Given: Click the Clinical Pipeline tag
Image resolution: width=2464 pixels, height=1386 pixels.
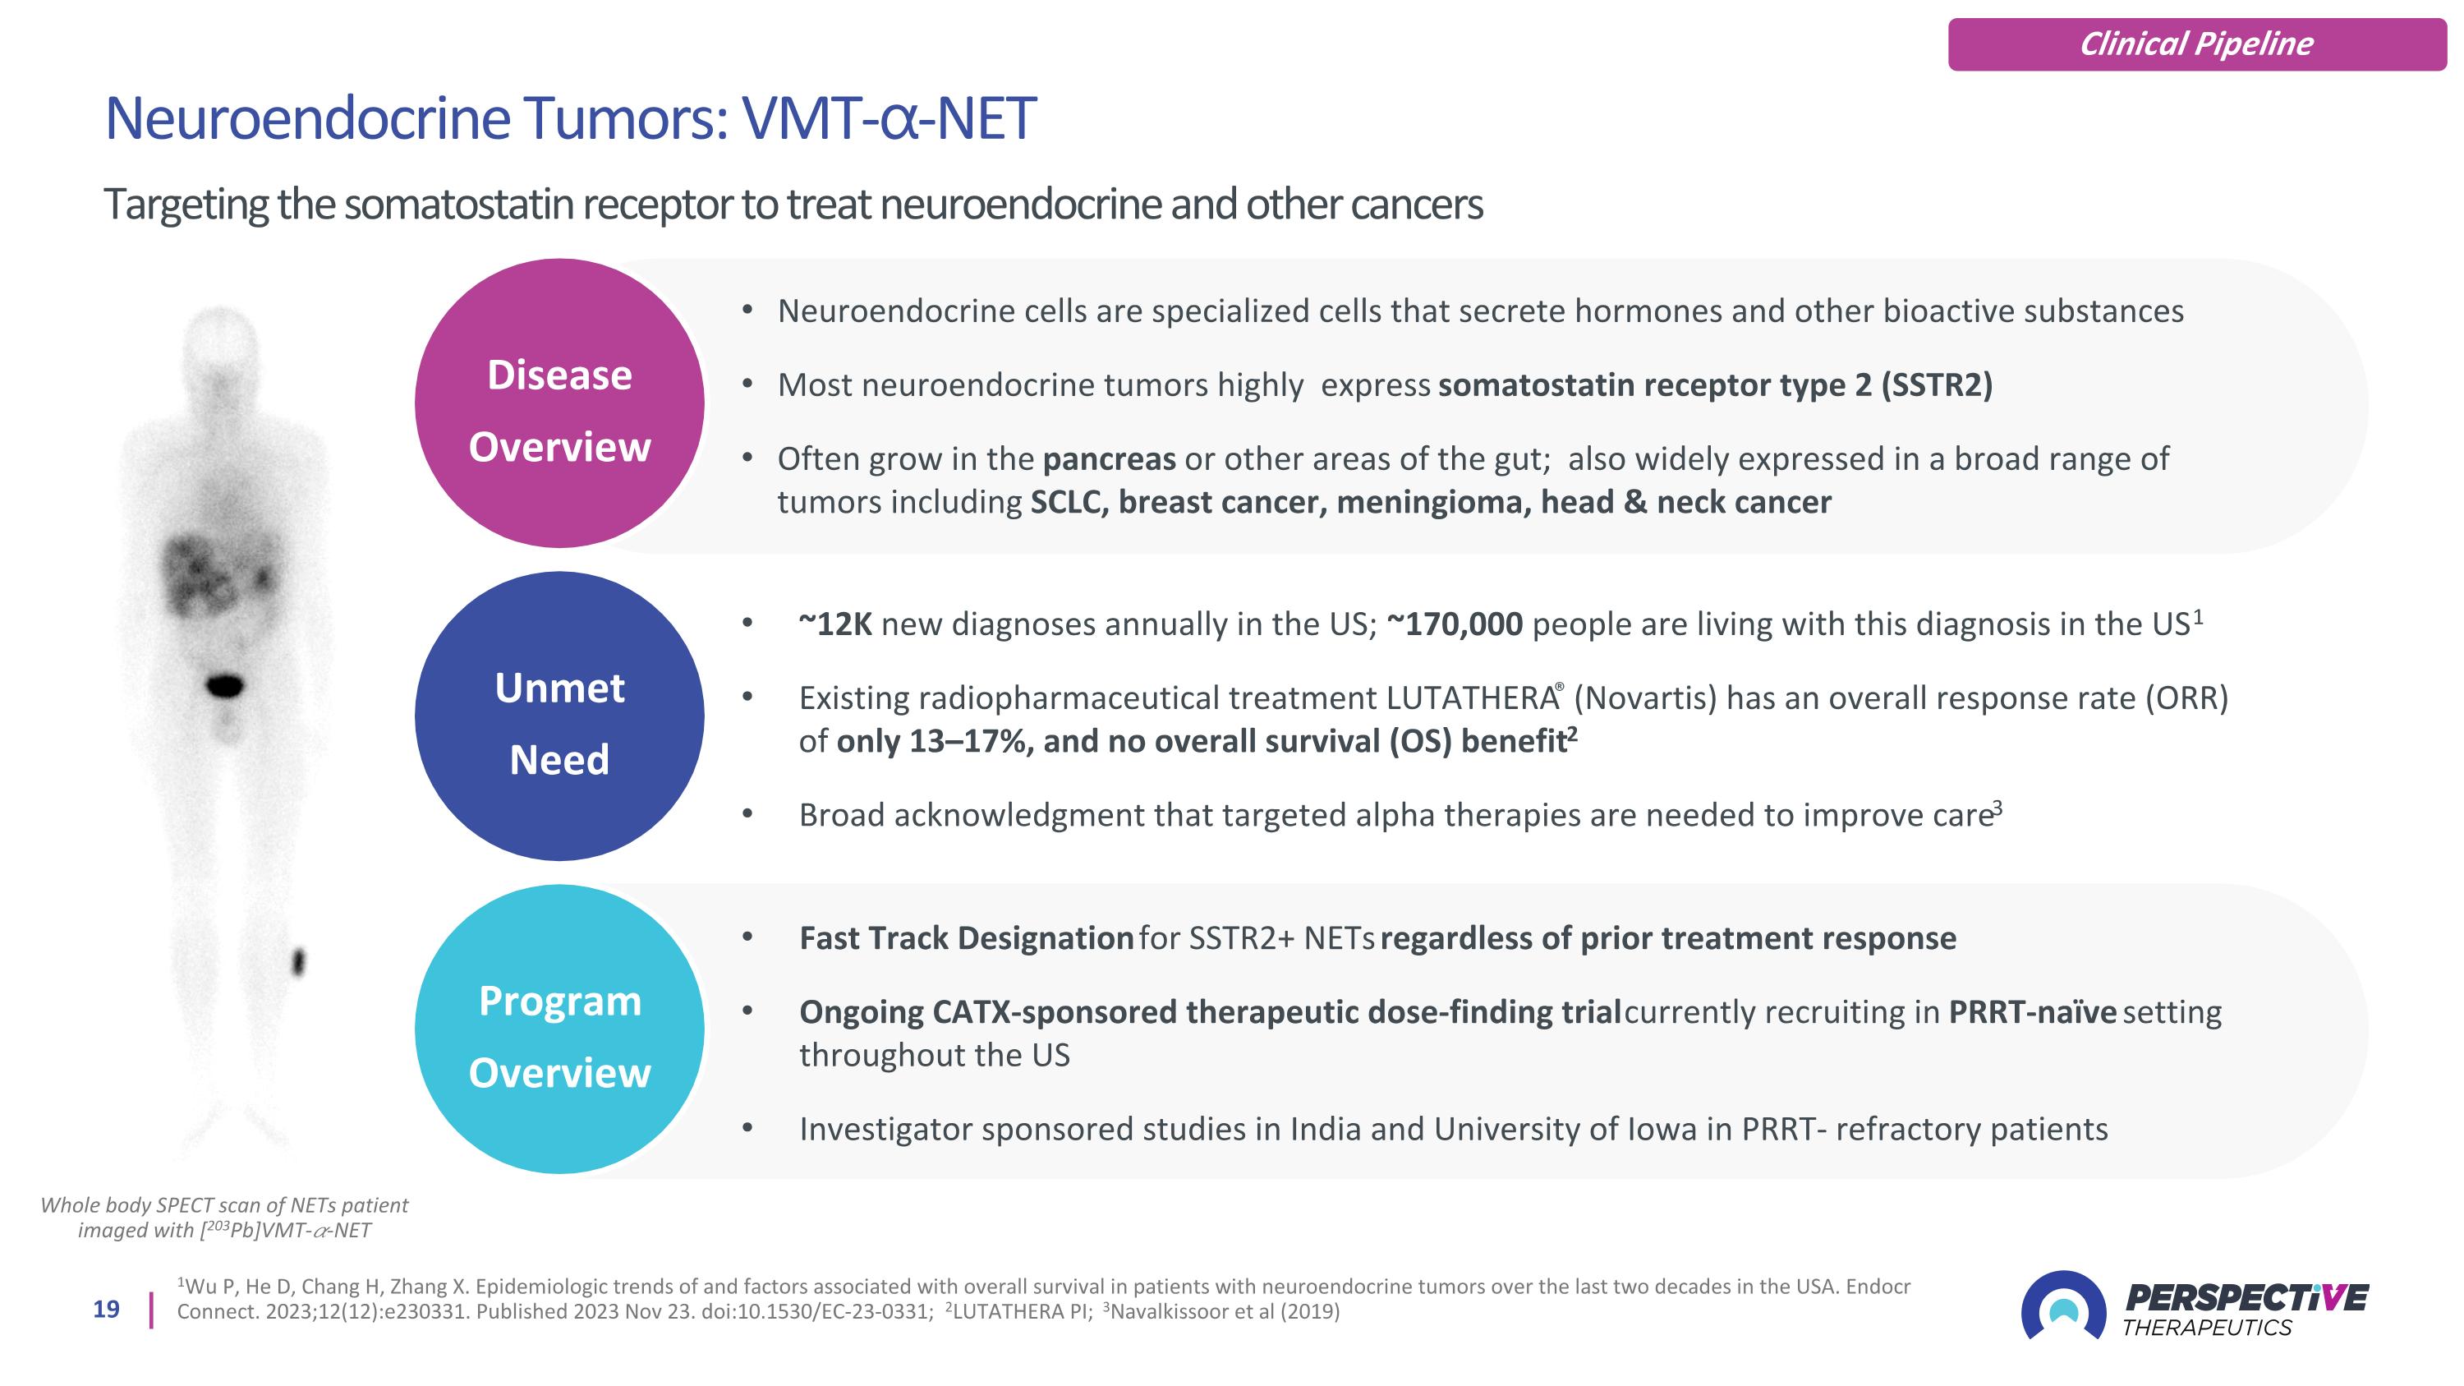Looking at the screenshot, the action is click(2197, 44).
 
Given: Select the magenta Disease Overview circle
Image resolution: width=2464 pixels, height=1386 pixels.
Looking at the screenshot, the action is click(559, 403).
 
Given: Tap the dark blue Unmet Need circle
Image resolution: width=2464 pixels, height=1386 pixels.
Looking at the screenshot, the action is click(559, 716).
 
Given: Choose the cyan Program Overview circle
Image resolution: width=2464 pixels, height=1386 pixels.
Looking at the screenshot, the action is click(559, 1029).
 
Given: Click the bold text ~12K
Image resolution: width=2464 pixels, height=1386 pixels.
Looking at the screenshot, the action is click(835, 624).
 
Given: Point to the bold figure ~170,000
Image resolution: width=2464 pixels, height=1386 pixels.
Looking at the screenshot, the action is click(1454, 624).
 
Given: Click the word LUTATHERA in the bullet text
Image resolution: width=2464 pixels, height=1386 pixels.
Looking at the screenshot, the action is click(1471, 698).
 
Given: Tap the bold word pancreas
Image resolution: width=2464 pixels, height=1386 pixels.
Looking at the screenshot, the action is click(1109, 460).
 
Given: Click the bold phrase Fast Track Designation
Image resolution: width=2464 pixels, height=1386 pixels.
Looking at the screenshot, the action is click(966, 937).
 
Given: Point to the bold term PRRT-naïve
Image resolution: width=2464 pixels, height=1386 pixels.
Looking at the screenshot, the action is click(2033, 1011).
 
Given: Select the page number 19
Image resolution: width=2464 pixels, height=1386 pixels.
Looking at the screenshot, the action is click(106, 1310).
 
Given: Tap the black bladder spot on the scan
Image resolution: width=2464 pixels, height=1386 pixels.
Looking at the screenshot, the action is click(226, 685).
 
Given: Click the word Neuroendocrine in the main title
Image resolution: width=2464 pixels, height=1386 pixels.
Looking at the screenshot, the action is click(308, 118).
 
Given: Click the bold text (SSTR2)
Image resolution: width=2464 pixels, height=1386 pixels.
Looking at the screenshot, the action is click(1936, 384).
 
